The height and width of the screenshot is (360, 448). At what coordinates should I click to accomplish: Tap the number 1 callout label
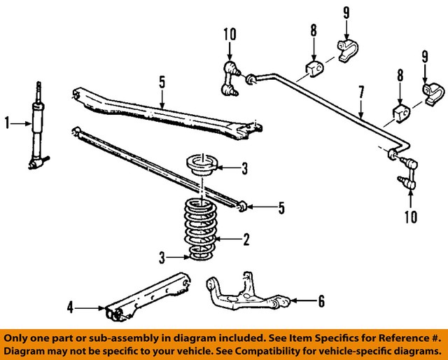coord(8,124)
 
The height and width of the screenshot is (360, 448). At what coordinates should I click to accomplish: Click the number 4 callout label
coord(71,306)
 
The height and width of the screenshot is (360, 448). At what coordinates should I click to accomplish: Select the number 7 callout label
coord(361,92)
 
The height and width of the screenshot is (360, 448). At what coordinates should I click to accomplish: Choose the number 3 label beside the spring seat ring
coord(244,167)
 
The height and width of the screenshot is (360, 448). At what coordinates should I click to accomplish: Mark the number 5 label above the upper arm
coord(162,83)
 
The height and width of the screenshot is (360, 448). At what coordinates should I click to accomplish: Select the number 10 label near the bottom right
coord(409,216)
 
